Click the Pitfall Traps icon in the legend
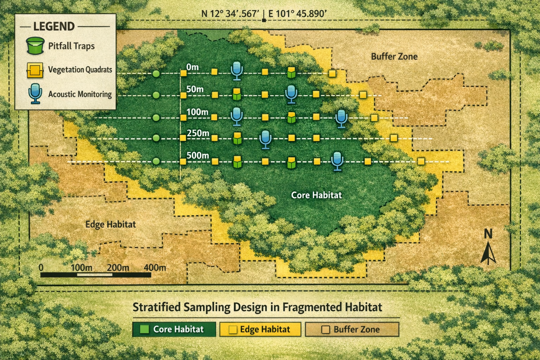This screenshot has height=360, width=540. click(35, 46)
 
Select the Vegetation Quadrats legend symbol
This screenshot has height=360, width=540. click(35, 70)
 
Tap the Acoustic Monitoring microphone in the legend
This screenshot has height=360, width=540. click(35, 94)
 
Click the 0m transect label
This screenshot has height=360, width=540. click(192, 67)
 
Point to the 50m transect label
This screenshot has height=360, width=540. click(195, 89)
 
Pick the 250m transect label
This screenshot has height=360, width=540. click(198, 133)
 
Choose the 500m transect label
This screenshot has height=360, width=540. click(198, 155)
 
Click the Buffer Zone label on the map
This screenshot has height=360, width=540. click(394, 57)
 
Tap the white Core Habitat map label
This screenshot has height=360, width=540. click(316, 195)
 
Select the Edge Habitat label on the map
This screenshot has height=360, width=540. click(110, 224)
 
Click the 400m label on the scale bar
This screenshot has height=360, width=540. click(155, 268)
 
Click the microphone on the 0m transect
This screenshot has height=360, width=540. click(237, 70)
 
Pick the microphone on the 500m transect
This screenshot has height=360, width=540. click(337, 161)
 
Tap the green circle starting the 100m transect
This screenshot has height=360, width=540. click(156, 117)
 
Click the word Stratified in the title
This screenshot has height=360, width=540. click(156, 307)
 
